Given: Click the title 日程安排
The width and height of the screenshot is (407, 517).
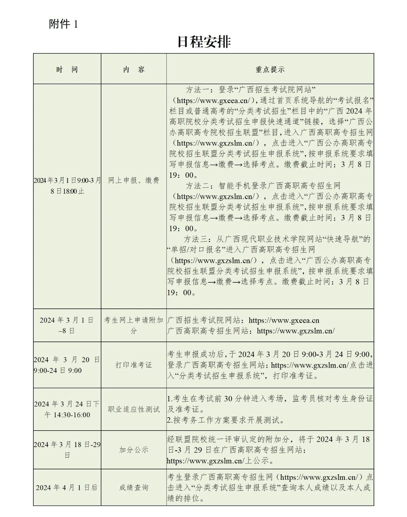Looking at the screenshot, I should [x=204, y=42].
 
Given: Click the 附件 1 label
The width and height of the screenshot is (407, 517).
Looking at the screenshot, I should [x=63, y=24].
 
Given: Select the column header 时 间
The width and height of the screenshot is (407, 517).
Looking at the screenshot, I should [x=67, y=70].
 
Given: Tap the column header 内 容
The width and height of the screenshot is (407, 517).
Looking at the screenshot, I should [x=134, y=70].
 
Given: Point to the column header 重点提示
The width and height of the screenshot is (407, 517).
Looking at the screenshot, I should [x=270, y=70].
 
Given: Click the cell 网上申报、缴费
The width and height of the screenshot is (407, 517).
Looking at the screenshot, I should [x=134, y=181].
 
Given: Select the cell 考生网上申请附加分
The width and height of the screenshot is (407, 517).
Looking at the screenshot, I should [x=134, y=325].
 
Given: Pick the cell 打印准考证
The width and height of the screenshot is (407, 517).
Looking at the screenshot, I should [x=134, y=365].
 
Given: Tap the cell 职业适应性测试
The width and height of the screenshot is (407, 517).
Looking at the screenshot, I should [x=134, y=410].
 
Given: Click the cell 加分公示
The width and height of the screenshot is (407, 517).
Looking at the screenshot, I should [x=134, y=450].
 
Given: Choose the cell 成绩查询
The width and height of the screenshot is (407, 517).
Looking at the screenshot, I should [x=134, y=487].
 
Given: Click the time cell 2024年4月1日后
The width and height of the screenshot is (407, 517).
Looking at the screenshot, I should [x=67, y=487].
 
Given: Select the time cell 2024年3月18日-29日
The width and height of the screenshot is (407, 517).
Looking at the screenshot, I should [x=67, y=450].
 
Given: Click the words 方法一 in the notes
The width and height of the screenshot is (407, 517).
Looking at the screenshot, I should [x=197, y=90].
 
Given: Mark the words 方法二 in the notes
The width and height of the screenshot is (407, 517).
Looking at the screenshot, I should [x=197, y=186].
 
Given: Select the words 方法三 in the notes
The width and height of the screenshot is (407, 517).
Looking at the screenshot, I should [x=195, y=239].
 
